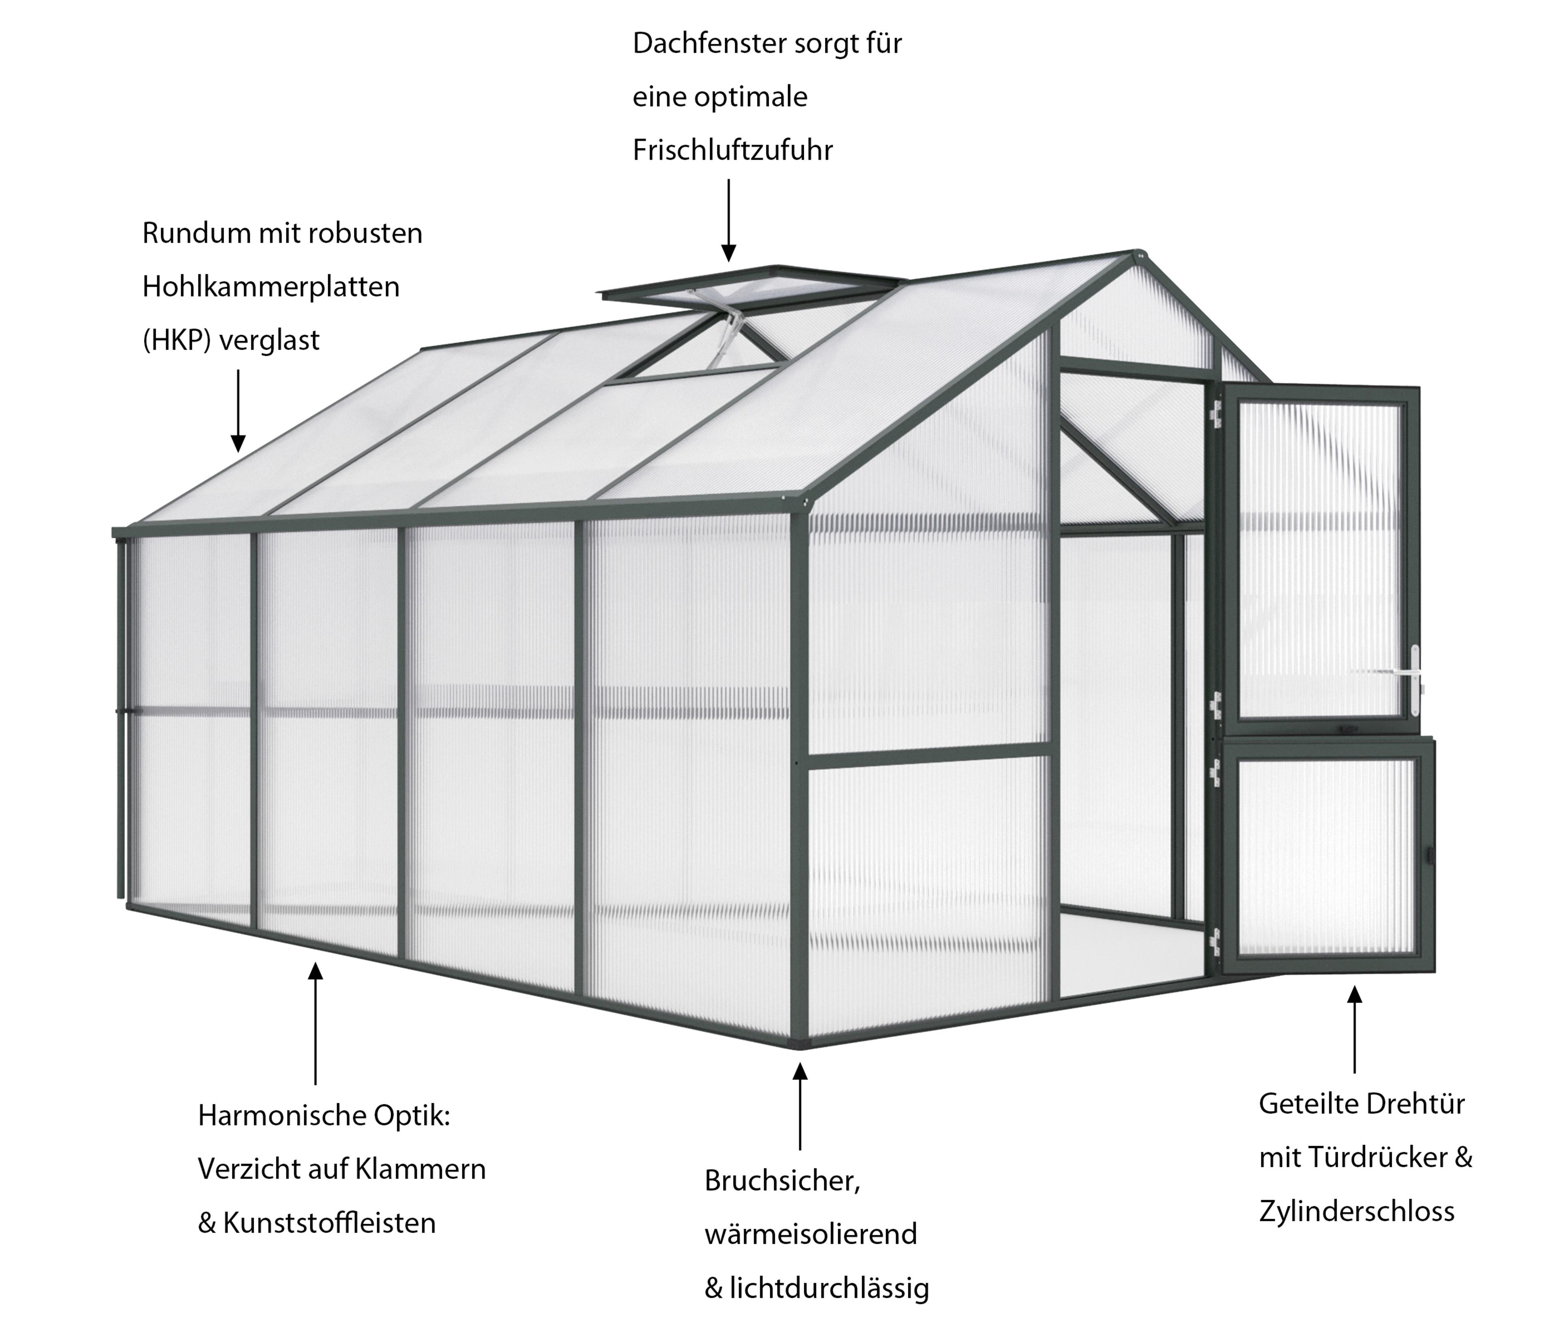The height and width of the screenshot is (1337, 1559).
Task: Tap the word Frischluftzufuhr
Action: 732,151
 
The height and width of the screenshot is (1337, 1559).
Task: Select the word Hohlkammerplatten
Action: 270,287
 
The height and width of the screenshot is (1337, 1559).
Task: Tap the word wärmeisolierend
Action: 810,1234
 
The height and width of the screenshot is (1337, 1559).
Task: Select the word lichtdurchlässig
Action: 828,1289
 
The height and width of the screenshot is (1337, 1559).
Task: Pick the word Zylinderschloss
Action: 1356,1211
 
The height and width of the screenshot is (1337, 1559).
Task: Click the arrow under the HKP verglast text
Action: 238,410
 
